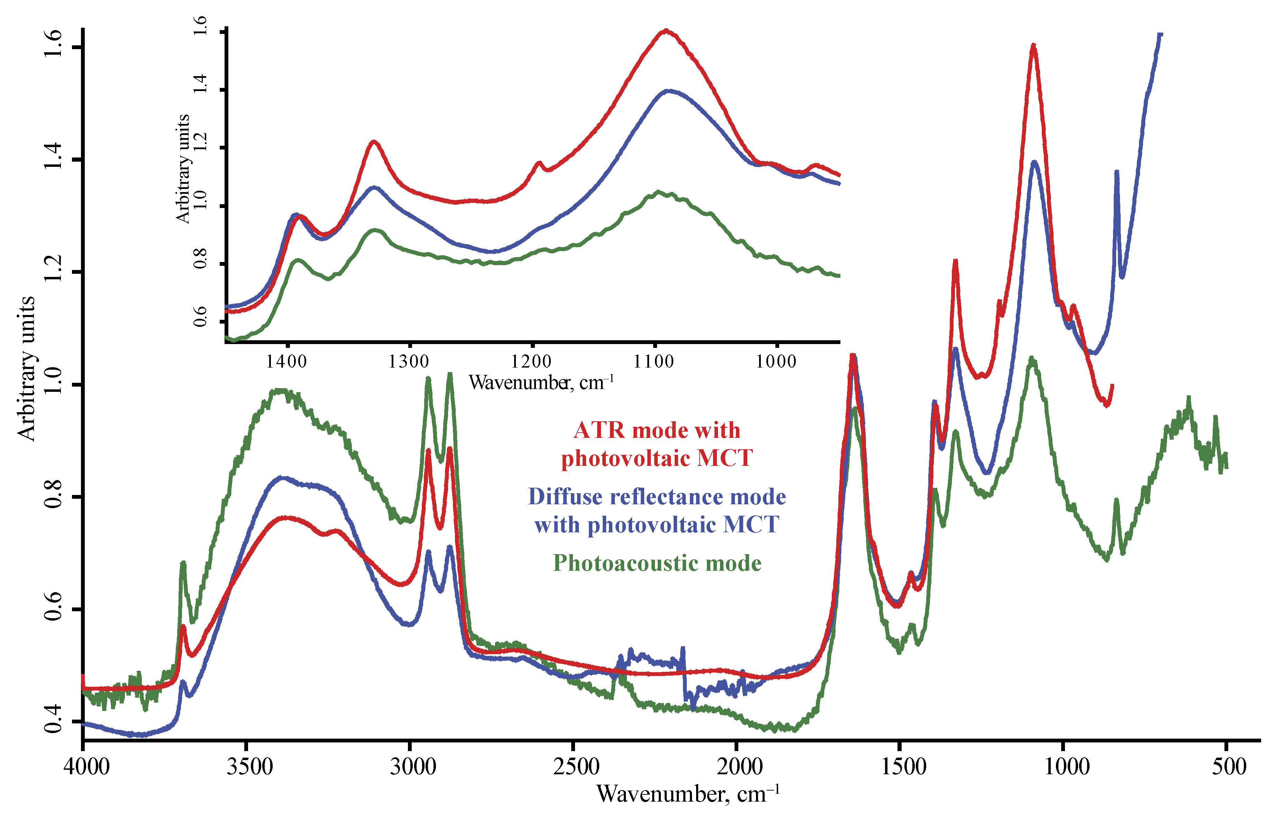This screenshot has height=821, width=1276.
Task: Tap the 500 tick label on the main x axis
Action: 1227,767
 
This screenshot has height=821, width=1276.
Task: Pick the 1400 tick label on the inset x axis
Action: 286,361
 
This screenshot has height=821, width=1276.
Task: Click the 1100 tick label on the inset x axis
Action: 654,361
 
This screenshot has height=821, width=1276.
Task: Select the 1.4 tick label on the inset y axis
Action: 200,84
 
